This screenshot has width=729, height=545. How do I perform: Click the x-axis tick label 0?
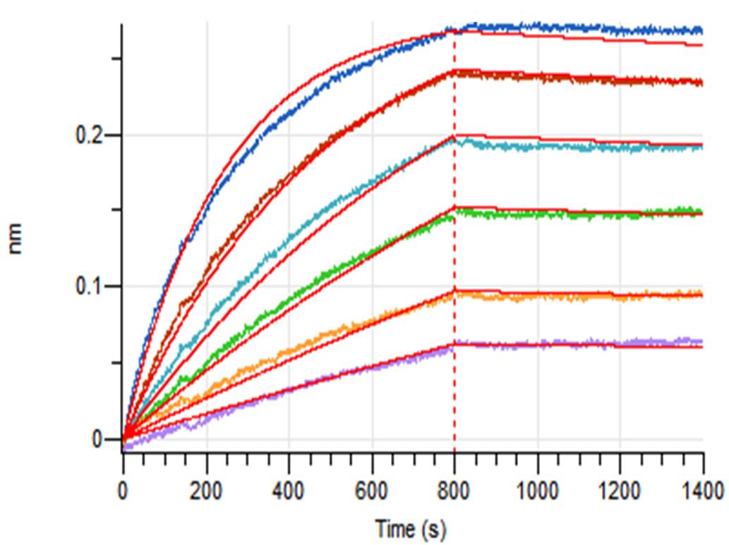[123, 489]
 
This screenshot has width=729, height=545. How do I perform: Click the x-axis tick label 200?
[206, 489]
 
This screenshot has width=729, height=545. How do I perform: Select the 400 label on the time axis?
[289, 489]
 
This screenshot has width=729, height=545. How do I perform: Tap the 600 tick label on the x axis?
[372, 489]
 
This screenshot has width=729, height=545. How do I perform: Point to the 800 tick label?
[454, 489]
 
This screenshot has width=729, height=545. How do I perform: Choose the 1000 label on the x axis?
[537, 489]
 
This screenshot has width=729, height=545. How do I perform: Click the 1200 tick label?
[620, 489]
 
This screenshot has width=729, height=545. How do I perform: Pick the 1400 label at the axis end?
[703, 489]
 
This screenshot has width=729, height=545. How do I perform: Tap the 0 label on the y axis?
[98, 439]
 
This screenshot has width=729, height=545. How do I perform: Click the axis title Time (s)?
[410, 527]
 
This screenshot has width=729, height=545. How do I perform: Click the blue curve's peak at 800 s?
[454, 30]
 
